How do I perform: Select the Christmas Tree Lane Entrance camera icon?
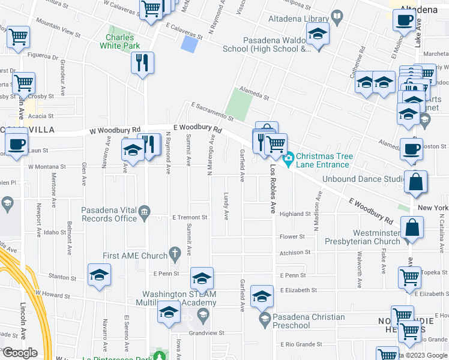pos(288,158)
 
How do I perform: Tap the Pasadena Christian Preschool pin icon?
pos(264,317)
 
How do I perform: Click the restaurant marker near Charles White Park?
pos(142,62)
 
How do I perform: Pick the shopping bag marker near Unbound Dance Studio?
pos(415,182)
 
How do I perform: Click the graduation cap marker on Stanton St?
pos(99,275)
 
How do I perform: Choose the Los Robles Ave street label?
pos(273,190)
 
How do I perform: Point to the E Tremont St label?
pos(189,217)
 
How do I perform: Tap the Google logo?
pos(19,353)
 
